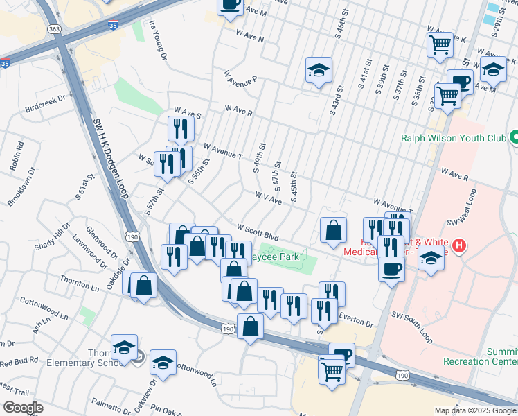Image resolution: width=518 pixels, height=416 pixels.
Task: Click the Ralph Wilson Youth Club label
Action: coord(454,137)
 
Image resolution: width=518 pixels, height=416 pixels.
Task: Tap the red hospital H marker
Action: coord(458,245)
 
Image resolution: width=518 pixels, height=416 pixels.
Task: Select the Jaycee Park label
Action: coord(281,257)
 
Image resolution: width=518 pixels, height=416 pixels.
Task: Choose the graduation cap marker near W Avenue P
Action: coord(319,69)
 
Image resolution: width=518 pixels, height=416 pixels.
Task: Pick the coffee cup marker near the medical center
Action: coord(391,268)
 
